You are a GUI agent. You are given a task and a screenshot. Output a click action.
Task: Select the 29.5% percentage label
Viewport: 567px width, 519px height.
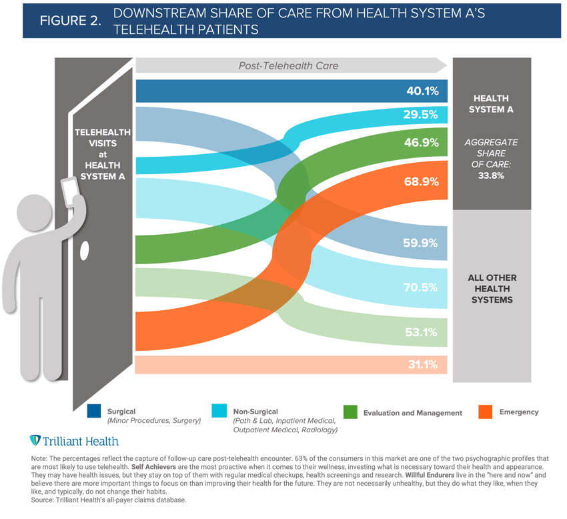click(422, 115)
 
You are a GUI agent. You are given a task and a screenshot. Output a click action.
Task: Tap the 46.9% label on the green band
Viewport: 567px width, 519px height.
click(422, 142)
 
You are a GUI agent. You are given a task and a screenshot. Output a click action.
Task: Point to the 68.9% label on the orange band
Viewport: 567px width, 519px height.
click(422, 181)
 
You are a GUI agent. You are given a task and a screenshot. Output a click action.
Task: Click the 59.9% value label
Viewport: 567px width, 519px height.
click(422, 243)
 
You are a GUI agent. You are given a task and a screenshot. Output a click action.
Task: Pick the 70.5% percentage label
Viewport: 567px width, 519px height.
click(422, 288)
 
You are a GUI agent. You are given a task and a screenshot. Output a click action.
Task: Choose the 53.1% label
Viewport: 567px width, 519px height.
click(422, 332)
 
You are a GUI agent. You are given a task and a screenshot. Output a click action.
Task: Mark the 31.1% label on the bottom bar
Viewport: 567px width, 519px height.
click(422, 365)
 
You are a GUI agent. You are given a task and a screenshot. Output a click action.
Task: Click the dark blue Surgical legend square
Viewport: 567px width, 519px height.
click(95, 412)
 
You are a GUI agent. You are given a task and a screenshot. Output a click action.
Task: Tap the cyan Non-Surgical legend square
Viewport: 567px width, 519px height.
click(219, 412)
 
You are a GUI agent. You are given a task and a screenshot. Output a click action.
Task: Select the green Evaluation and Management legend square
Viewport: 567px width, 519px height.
click(350, 412)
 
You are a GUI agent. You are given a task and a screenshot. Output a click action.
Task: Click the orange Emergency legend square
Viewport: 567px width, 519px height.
click(485, 412)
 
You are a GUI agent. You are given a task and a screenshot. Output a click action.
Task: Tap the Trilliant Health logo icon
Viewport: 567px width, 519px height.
click(35, 441)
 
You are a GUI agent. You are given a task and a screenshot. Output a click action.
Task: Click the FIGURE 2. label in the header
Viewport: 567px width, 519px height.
click(71, 20)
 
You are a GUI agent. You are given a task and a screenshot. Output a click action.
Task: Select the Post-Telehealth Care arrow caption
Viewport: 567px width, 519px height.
click(288, 65)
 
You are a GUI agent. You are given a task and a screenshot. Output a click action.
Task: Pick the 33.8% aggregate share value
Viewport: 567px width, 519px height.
click(491, 176)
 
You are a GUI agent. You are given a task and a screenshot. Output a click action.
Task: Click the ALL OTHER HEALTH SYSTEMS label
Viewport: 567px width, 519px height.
click(492, 289)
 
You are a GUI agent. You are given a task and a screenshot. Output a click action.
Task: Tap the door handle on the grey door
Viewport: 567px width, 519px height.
click(85, 251)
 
